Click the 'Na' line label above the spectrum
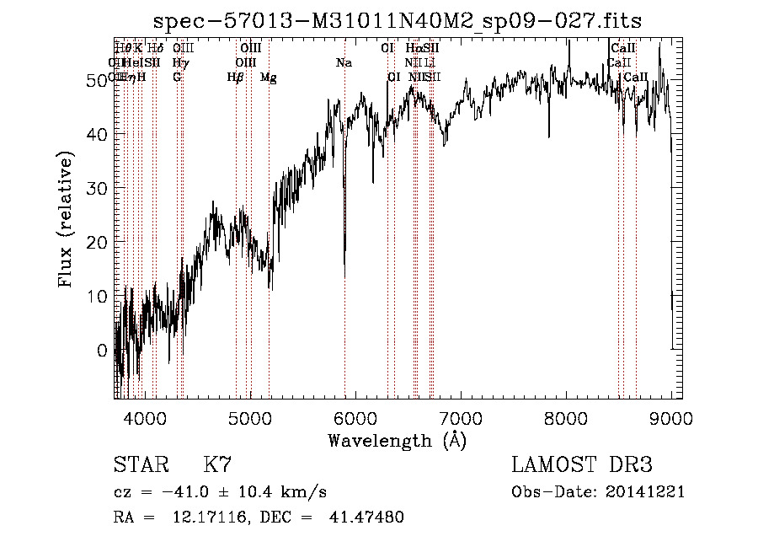click(344, 62)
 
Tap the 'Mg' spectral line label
click(268, 78)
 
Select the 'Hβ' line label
click(235, 78)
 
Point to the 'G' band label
click(177, 78)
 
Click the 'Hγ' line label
click(179, 62)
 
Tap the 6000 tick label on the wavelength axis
click(355, 418)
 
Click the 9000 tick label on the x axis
click(671, 418)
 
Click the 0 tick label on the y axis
click(104, 351)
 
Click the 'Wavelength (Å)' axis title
click(397, 440)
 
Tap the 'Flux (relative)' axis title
click(67, 219)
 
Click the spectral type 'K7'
click(217, 465)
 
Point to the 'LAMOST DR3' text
click(582, 465)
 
